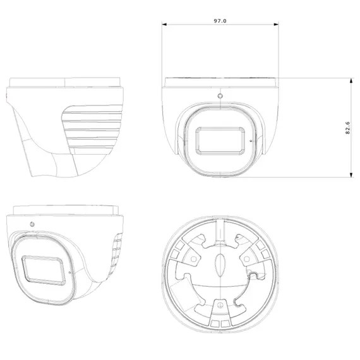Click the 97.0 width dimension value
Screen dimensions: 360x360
point(220,21)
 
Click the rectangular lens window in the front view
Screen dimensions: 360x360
point(220,140)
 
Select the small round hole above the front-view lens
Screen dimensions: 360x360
point(220,97)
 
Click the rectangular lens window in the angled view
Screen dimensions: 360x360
point(44,270)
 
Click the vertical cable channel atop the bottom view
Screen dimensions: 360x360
point(219,231)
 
